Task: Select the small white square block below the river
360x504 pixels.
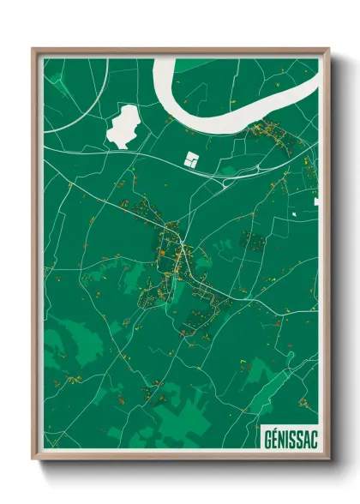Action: (x=192, y=159)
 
